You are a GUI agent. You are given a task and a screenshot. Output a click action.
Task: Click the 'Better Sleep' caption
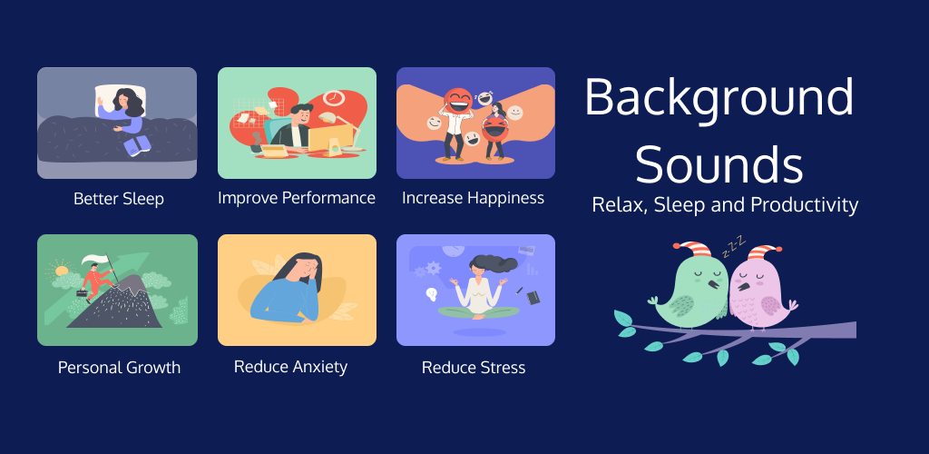point(119,199)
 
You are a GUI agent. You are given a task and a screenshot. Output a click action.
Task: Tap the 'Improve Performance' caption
point(297,197)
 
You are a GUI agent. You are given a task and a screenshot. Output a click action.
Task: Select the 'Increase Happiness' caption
point(473,198)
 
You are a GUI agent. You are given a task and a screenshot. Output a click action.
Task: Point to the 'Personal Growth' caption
point(119,367)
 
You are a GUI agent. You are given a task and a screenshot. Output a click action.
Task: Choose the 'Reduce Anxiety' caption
point(290,366)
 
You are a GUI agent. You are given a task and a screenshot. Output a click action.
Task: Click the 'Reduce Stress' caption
point(474,368)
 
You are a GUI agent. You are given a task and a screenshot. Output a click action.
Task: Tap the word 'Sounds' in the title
point(719,164)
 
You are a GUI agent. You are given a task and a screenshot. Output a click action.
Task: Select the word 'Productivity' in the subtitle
point(804,205)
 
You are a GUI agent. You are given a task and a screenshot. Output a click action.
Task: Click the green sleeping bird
point(693,291)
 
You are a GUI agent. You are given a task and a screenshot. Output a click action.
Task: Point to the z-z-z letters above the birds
point(733,246)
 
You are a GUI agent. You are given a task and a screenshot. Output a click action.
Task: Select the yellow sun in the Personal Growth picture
point(62,271)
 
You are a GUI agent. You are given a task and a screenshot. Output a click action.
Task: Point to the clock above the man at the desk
point(334,97)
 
